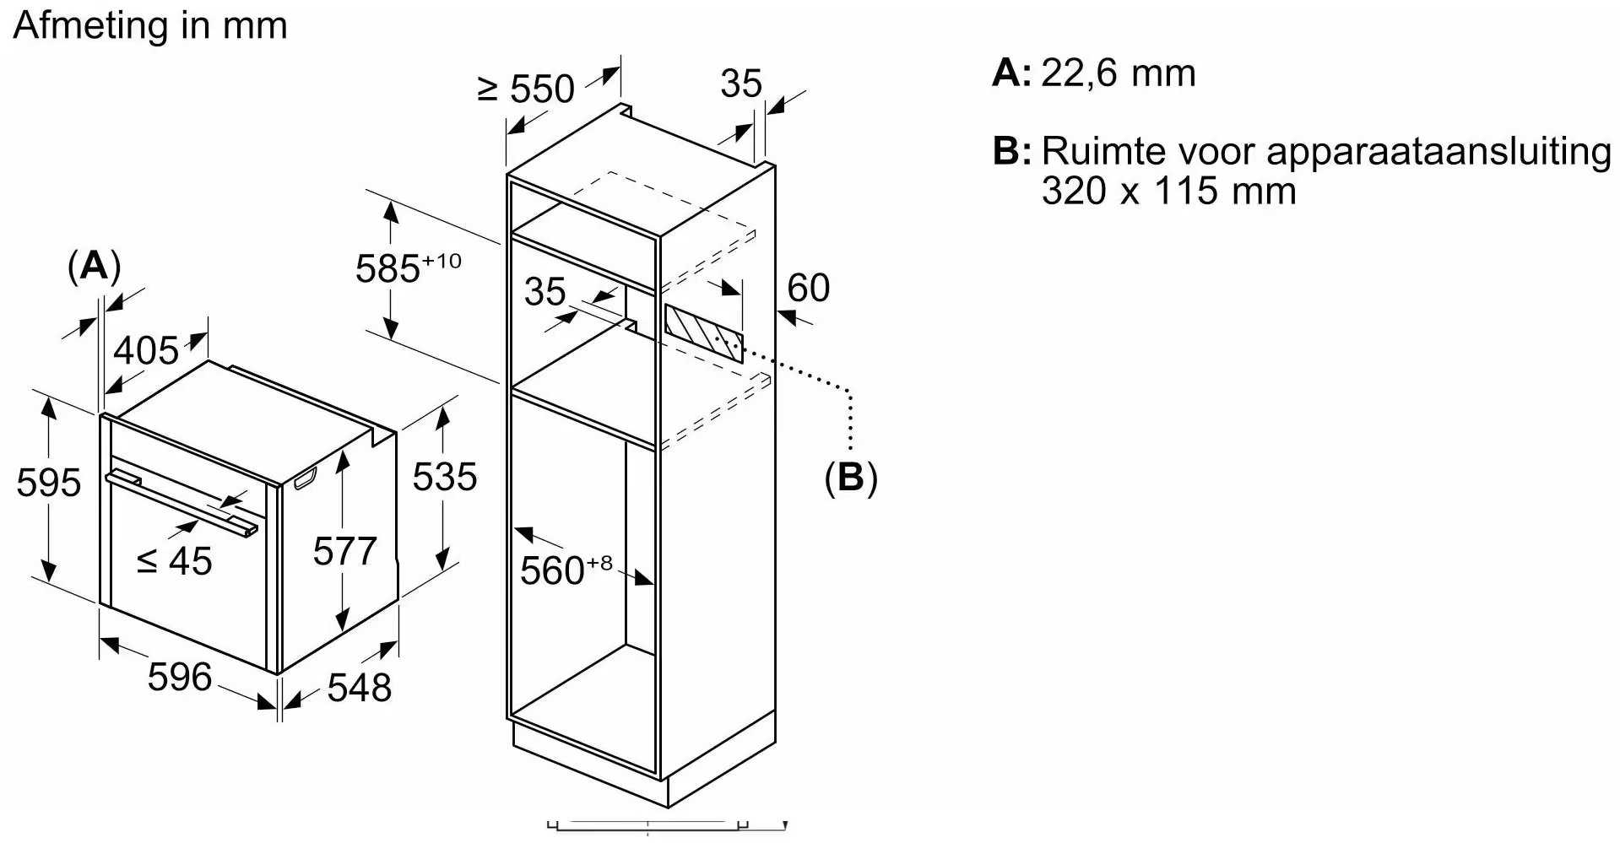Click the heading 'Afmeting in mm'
click(150, 26)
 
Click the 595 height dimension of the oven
click(49, 483)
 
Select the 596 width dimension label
click(179, 677)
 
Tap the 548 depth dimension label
click(359, 688)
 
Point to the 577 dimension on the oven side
click(344, 552)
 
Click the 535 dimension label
click(444, 477)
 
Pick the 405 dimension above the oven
click(146, 350)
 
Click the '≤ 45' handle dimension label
click(175, 561)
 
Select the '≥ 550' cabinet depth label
click(526, 89)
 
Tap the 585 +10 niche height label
click(408, 267)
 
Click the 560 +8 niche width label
click(566, 570)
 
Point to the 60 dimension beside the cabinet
click(808, 288)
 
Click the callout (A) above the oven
click(94, 266)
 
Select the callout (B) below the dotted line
click(850, 478)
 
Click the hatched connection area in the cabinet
click(703, 333)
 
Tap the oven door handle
click(182, 503)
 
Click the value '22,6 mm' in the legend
click(1118, 73)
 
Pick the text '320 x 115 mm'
click(1168, 191)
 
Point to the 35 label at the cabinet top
click(740, 84)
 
